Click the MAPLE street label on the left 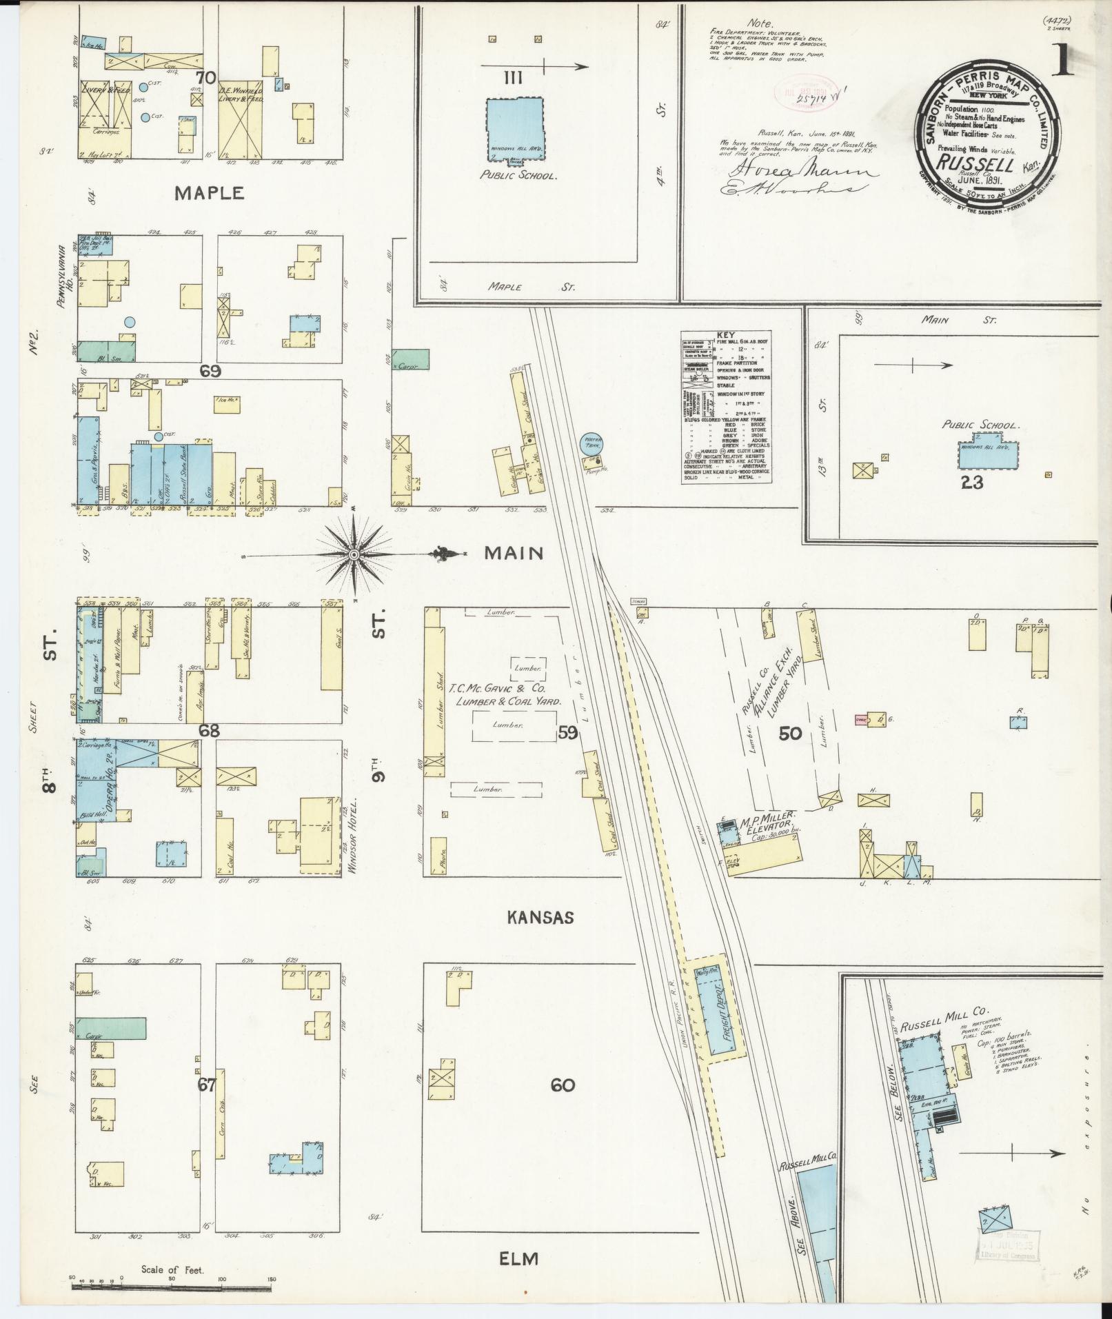click(209, 193)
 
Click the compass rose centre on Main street click(354, 555)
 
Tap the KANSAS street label click(540, 918)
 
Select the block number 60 click(563, 1085)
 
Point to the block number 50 click(790, 733)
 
